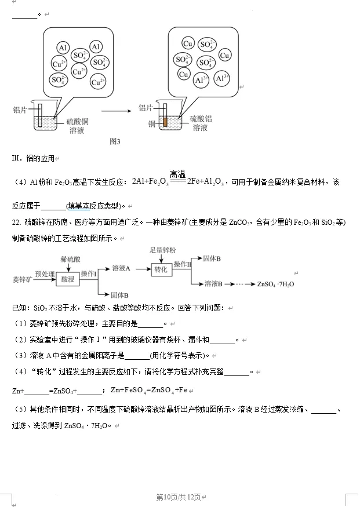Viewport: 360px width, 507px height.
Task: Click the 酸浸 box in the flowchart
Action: [x=67, y=279]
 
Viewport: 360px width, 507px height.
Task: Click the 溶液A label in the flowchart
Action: [x=121, y=268]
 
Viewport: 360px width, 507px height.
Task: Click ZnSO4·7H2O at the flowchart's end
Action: [x=276, y=284]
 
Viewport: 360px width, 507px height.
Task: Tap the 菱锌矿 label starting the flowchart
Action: [x=21, y=280]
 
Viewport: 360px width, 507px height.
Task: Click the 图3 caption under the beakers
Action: [x=114, y=141]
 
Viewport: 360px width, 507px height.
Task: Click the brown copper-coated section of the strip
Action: [x=165, y=122]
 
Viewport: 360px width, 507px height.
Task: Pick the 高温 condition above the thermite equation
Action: [x=177, y=174]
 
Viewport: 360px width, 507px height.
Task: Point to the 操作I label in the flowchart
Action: [x=88, y=273]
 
